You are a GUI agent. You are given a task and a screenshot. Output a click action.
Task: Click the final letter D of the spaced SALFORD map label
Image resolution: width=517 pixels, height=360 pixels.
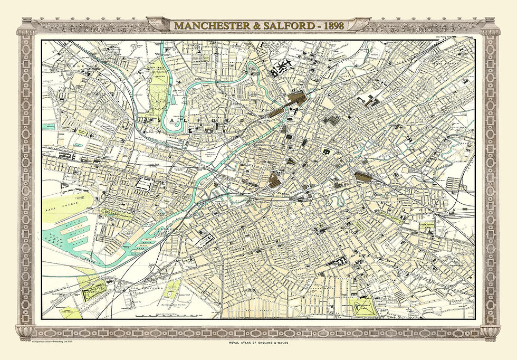point(241,120)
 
